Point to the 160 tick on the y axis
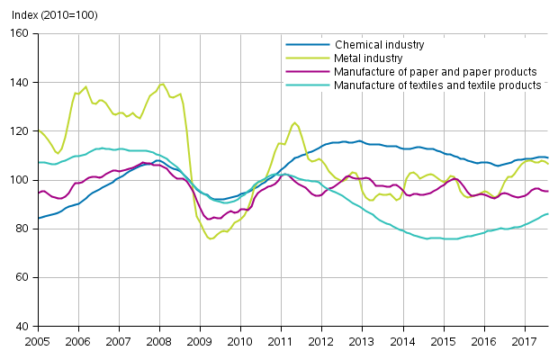pos(20,34)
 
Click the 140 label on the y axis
pos(20,83)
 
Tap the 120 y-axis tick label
pos(20,131)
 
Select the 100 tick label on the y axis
pos(20,180)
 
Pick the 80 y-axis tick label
pos(22,229)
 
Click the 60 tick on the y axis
pos(22,277)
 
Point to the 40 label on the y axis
pos(22,326)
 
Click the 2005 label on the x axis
pos(37,342)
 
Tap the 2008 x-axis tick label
pos(159,342)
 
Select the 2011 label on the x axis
pos(281,342)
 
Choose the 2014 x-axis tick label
pos(402,342)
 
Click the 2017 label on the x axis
pos(524,342)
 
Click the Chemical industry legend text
pos(379,44)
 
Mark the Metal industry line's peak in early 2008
pos(162,85)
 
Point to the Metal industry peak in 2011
pos(294,122)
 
